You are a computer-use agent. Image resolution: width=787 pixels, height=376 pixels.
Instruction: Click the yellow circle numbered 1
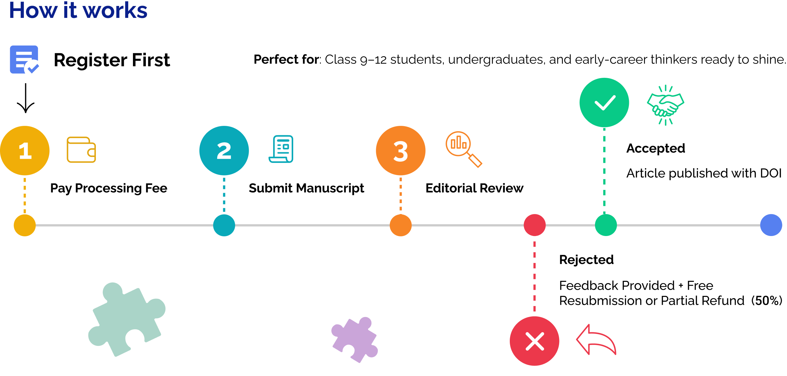(25, 151)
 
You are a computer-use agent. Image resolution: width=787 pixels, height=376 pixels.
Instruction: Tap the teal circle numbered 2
(224, 151)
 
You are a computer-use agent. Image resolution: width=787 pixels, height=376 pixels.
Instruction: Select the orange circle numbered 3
(401, 151)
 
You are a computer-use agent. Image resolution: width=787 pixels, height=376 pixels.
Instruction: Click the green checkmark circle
(604, 103)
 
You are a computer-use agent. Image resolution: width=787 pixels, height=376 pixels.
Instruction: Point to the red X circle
(535, 341)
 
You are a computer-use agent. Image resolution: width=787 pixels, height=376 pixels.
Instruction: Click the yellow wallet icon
(81, 150)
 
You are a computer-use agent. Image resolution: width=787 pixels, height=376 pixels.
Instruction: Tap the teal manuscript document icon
(281, 149)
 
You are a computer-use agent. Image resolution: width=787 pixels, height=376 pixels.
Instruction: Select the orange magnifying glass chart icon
(464, 149)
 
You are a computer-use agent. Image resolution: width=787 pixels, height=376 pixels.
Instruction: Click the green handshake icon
(666, 105)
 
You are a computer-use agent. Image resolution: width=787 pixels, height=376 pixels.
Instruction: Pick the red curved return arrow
(596, 340)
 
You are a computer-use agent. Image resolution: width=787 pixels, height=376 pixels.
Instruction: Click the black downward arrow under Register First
(25, 98)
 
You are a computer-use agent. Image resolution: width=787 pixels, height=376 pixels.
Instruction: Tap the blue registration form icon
(25, 60)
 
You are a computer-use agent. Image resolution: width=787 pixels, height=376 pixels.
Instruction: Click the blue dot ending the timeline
(771, 225)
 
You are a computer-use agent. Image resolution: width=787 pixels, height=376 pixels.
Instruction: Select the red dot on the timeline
(535, 225)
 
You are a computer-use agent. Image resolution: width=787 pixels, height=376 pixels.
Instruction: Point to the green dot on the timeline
(606, 225)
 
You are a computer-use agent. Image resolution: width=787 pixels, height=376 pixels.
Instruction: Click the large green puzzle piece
(127, 320)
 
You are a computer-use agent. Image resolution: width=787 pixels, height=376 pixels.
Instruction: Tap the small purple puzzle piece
(355, 340)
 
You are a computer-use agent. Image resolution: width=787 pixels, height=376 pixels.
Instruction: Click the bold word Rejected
(586, 260)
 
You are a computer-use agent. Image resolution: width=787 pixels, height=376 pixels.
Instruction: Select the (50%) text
(767, 301)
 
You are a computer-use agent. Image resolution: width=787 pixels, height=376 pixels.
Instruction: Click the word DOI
(771, 173)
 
